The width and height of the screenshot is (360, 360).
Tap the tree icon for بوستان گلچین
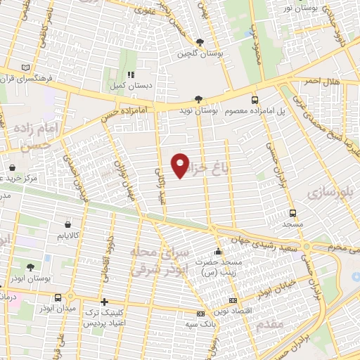pyautogui.click(x=200, y=42)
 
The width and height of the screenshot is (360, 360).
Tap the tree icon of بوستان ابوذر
pyautogui.click(x=30, y=267)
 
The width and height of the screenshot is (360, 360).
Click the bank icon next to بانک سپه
pyautogui.click(x=201, y=313)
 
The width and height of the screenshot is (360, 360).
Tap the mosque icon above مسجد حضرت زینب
pyautogui.click(x=218, y=250)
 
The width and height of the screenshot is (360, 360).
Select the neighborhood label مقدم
pyautogui.click(x=270, y=324)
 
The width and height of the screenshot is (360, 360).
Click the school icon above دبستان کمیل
pyautogui.click(x=130, y=74)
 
